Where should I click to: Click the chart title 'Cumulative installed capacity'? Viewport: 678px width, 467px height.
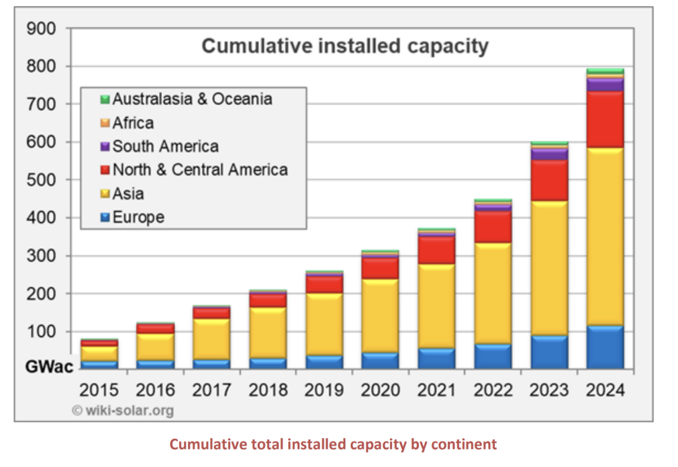click(x=345, y=46)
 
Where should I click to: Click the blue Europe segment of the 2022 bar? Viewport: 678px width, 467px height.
click(x=493, y=356)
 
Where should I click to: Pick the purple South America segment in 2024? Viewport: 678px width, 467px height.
click(x=605, y=84)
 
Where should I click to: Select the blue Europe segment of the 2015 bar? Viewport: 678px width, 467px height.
click(x=99, y=365)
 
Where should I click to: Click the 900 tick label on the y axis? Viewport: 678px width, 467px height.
click(x=42, y=28)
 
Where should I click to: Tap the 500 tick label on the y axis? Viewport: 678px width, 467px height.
click(x=42, y=180)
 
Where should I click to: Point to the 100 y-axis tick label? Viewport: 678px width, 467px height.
click(x=42, y=331)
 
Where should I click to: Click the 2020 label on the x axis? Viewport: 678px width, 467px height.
click(x=380, y=390)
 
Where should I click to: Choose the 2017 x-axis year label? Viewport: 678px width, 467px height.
click(x=212, y=390)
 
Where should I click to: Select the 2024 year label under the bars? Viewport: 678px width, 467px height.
click(x=605, y=390)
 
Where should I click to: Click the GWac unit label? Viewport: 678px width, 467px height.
click(x=50, y=367)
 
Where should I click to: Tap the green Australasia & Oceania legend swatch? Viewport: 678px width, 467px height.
click(x=105, y=100)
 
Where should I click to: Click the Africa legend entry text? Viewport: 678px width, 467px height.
click(x=133, y=123)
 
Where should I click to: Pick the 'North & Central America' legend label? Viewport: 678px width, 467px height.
click(x=200, y=170)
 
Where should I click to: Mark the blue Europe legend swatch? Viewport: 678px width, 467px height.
click(x=105, y=218)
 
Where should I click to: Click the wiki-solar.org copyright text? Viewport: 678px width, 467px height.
click(x=123, y=410)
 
